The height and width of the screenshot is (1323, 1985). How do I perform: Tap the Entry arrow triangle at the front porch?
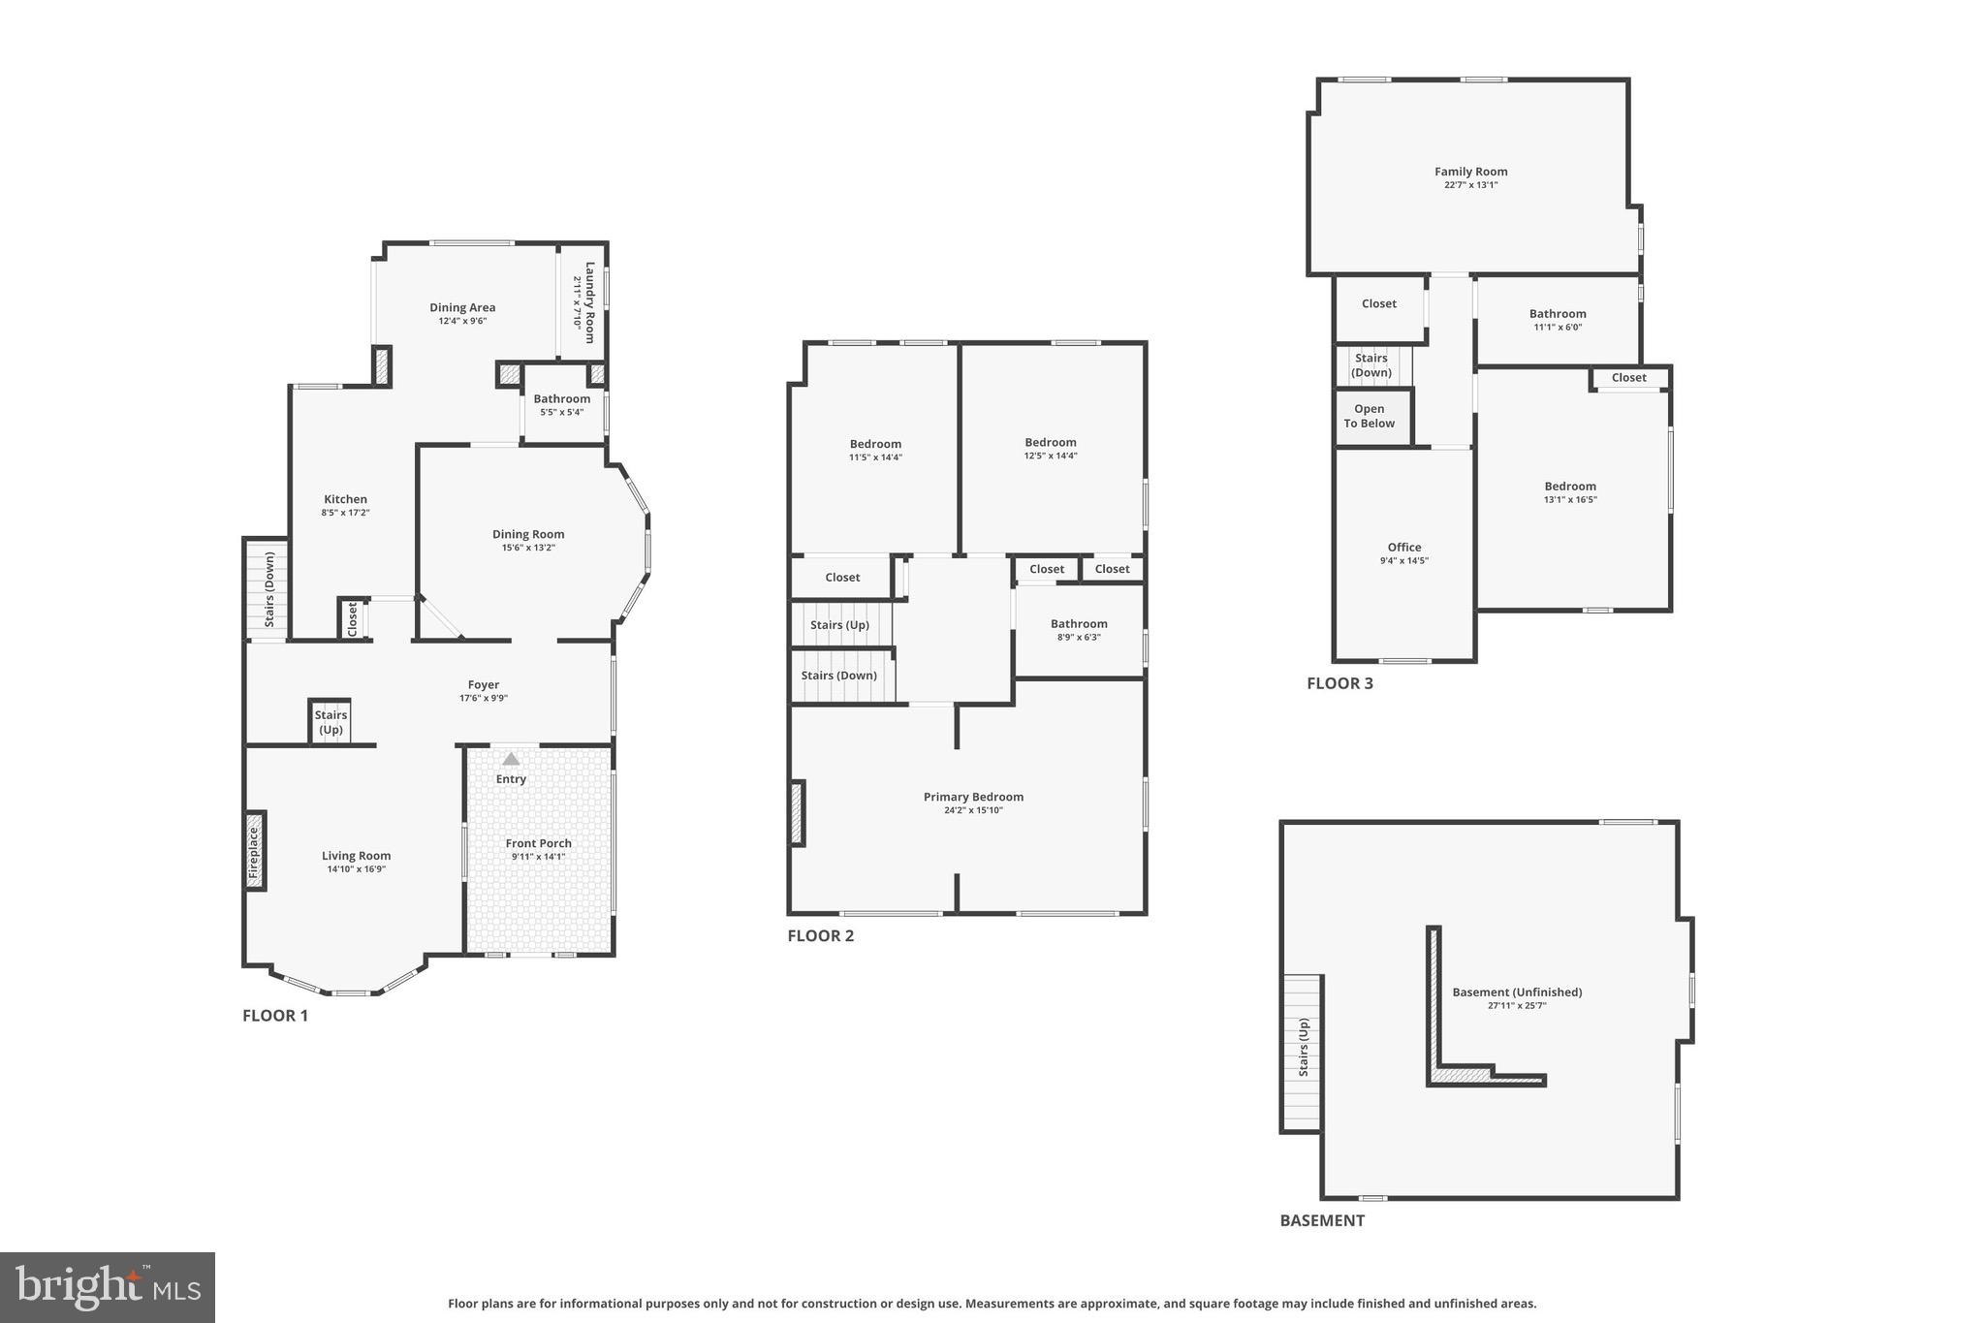tap(511, 759)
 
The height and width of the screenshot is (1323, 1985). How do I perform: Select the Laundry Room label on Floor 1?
tap(588, 301)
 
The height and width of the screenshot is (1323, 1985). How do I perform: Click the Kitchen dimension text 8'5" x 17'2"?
tap(345, 513)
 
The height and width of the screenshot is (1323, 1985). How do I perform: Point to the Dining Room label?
tap(527, 534)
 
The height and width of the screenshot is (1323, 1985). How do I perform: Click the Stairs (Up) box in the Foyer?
tap(331, 722)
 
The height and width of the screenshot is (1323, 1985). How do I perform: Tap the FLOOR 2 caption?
tap(820, 935)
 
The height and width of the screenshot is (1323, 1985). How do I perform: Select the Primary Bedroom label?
tap(973, 797)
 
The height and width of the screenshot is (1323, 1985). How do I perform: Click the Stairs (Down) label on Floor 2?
tap(838, 676)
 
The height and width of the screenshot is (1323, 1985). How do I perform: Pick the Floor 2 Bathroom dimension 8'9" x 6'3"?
tap(1078, 638)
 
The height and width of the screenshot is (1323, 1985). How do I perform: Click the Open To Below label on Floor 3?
tap(1369, 416)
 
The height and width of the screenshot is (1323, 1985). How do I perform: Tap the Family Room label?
tap(1470, 172)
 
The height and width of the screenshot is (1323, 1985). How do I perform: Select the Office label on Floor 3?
tap(1403, 547)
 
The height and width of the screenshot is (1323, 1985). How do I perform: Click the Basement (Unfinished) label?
tap(1517, 992)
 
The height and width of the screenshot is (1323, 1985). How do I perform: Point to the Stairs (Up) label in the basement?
tap(1303, 1047)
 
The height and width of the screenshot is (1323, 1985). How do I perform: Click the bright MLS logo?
tap(108, 1287)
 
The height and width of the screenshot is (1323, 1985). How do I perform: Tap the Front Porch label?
tap(538, 843)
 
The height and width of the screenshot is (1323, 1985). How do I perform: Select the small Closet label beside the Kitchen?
tap(353, 618)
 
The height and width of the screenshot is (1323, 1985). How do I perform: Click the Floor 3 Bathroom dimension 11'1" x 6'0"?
tap(1558, 328)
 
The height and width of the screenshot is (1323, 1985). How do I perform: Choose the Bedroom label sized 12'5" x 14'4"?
tap(1051, 442)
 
